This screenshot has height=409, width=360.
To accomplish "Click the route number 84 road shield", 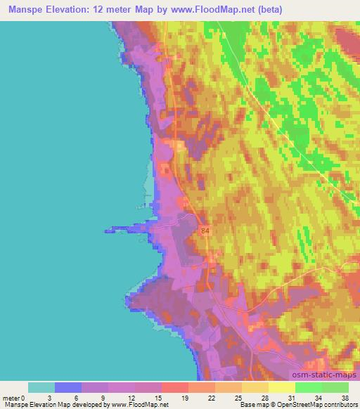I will pyautogui.click(x=205, y=230).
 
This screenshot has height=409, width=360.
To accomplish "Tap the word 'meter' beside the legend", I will pyautogui.click(x=12, y=396).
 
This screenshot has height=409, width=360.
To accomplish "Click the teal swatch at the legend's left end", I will pyautogui.click(x=41, y=387).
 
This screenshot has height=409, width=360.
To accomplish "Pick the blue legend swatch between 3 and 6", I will pyautogui.click(x=68, y=387).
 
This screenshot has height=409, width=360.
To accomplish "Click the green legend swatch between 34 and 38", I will pyautogui.click(x=335, y=387).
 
